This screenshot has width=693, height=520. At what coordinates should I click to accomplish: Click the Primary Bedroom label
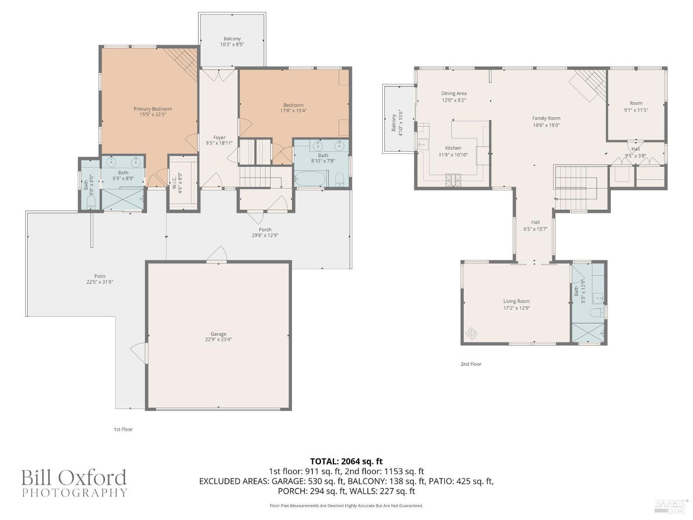[x=152, y=109]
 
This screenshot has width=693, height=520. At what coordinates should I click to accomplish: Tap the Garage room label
[x=218, y=334]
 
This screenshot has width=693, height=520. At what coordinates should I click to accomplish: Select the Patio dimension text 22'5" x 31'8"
[x=100, y=282]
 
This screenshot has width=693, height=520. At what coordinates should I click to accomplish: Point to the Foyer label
[x=219, y=137]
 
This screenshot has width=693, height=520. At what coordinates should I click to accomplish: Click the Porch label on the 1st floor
[x=265, y=230]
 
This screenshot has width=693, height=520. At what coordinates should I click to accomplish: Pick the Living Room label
[x=517, y=301]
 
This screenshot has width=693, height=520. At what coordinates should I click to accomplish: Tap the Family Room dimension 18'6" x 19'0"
[x=546, y=125]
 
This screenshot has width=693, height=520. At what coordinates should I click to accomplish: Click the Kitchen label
[x=453, y=148]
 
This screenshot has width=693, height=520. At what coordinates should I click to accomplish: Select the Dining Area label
[x=453, y=93]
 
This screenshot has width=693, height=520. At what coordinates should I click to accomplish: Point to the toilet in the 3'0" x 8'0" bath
[x=91, y=202]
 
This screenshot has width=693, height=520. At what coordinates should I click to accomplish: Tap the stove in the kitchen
[x=453, y=180]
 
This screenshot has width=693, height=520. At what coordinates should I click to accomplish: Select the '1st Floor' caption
[x=123, y=429]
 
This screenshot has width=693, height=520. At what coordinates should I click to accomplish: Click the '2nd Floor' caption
[x=471, y=364]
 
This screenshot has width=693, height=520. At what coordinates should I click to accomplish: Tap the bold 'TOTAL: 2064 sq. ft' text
[x=346, y=461]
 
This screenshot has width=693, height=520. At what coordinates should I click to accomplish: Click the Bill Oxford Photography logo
[x=74, y=483]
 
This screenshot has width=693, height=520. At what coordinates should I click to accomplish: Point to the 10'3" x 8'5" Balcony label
[x=232, y=39]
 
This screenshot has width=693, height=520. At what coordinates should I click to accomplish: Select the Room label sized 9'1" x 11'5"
[x=636, y=104]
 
